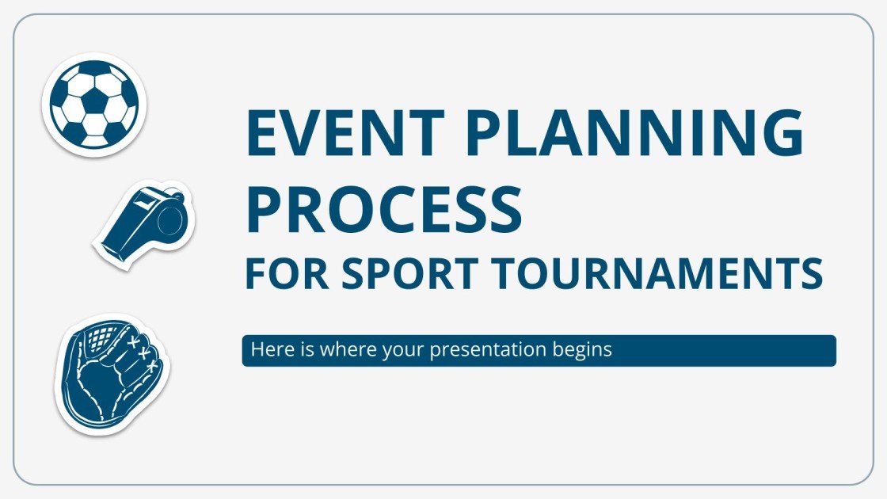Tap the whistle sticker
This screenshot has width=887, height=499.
[145, 224]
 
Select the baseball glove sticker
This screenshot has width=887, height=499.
[112, 373]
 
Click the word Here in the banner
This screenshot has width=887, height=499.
[267, 349]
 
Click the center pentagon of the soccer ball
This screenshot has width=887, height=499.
[93, 101]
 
